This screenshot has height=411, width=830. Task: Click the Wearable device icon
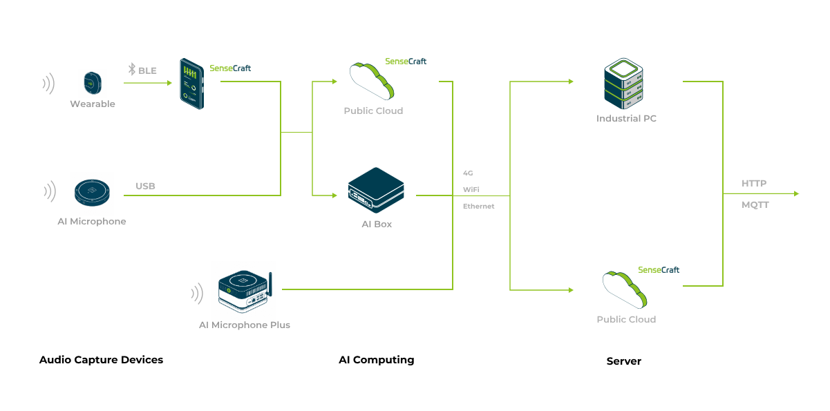click(93, 83)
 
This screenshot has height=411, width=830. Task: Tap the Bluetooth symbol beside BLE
click(132, 69)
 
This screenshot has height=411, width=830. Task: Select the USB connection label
click(145, 186)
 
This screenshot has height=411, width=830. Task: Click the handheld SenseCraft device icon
click(192, 84)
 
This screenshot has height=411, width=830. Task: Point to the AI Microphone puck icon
click(93, 193)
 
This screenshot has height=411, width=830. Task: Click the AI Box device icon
click(376, 191)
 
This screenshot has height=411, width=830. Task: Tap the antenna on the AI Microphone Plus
click(270, 284)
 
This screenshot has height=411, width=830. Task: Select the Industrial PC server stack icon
click(623, 84)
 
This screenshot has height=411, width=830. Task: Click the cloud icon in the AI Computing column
click(372, 82)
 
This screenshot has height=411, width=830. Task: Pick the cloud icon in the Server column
click(625, 290)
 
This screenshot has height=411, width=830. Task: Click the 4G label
click(468, 173)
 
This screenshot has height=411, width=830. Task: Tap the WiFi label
click(471, 189)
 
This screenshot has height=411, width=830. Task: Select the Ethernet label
click(479, 207)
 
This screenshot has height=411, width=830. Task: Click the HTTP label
click(754, 183)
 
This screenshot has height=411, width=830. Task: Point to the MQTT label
click(755, 204)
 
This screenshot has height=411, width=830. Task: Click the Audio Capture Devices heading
click(101, 360)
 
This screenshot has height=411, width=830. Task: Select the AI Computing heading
click(377, 360)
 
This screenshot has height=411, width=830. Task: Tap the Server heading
click(624, 361)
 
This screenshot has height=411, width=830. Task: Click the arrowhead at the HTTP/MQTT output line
click(797, 193)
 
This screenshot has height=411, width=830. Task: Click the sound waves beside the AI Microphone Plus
click(198, 294)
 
